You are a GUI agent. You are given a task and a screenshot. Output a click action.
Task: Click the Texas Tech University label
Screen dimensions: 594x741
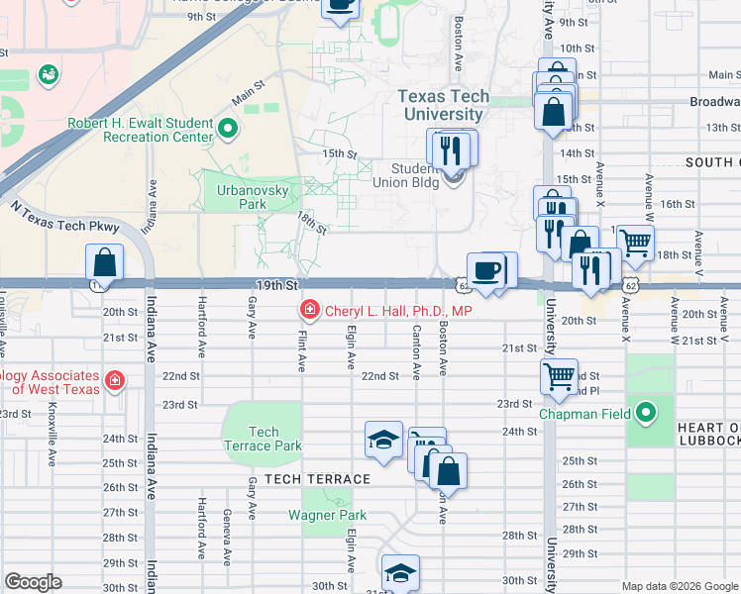[455, 105]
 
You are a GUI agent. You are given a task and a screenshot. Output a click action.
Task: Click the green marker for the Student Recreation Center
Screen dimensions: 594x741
[228, 128]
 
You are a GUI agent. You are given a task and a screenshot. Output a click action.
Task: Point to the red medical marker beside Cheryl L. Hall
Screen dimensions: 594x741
[309, 311]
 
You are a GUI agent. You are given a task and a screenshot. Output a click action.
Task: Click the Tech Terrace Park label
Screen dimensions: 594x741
[263, 438]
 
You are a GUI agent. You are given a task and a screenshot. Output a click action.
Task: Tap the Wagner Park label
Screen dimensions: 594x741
[327, 515]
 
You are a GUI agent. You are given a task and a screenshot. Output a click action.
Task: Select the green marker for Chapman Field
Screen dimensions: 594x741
[646, 411]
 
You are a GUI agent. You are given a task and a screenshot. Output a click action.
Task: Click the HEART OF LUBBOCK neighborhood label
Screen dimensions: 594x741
[707, 433]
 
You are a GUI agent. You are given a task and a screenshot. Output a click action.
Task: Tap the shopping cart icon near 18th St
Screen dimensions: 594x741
[635, 240]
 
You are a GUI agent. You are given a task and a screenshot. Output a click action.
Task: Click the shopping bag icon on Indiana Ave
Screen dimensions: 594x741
[104, 263]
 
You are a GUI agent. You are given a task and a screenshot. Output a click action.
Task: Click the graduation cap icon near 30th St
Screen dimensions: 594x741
[399, 572]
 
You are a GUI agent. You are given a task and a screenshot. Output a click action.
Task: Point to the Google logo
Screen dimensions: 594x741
[33, 582]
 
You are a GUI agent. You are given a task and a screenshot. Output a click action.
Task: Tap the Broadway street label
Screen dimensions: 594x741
[715, 102]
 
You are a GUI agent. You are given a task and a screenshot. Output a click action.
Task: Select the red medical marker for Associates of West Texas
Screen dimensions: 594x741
[115, 379]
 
